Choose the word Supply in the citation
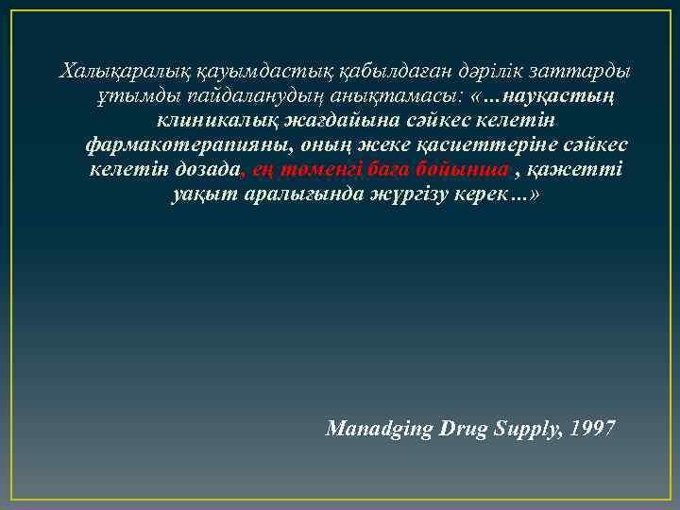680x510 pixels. pyautogui.click(x=521, y=429)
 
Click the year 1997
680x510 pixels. pyautogui.click(x=594, y=429)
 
